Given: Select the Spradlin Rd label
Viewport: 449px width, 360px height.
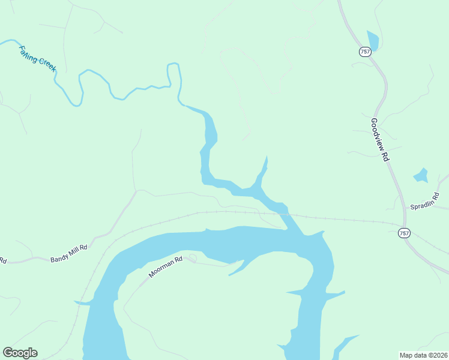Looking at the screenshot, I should (x=425, y=201).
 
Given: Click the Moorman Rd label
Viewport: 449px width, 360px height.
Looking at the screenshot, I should (x=166, y=268).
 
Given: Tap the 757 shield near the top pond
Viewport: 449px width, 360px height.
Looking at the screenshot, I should (x=365, y=52).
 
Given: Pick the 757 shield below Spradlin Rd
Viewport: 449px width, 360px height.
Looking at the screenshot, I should (x=404, y=233).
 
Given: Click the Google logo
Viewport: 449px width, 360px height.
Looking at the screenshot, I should (x=20, y=353).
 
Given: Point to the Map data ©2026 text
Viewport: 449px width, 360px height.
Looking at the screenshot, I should (x=423, y=355).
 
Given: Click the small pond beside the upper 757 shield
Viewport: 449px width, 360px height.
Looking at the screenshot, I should (x=373, y=40).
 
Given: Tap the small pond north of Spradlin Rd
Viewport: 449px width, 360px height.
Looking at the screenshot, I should (x=421, y=176).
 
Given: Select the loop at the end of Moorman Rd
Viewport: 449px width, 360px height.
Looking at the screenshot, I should (x=192, y=259).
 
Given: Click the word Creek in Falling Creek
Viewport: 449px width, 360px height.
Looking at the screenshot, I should (x=46, y=62).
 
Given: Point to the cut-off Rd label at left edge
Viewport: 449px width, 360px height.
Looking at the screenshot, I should (x=3, y=260).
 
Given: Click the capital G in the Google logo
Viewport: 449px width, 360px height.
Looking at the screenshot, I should (x=7, y=352).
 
